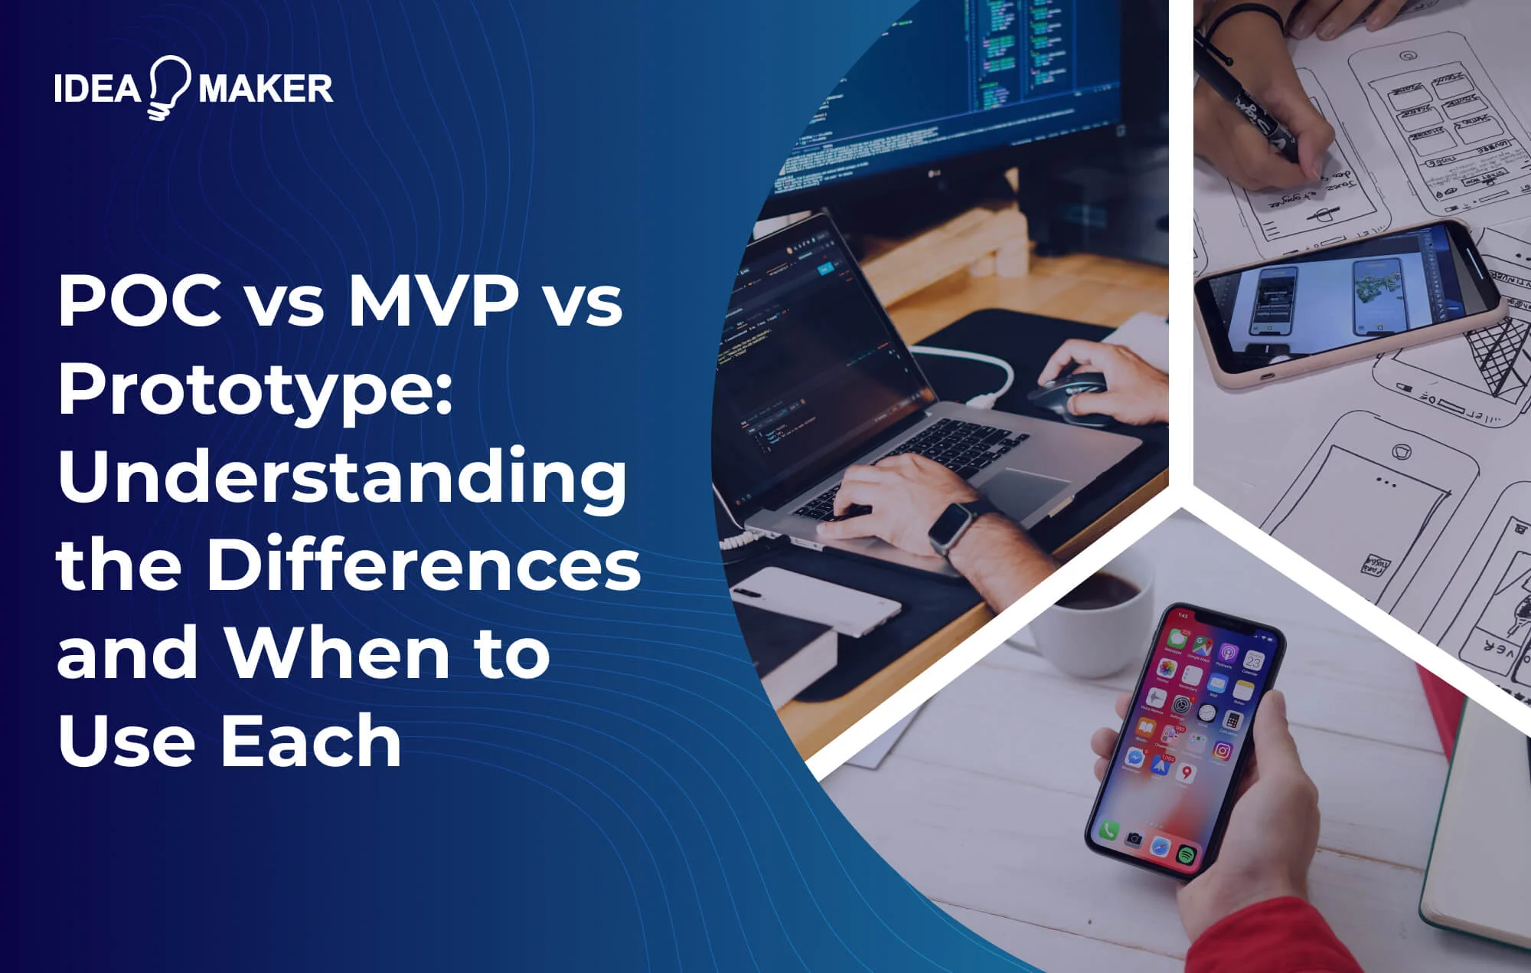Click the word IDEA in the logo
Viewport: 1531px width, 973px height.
[97, 89]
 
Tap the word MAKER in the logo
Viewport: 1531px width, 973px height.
[266, 89]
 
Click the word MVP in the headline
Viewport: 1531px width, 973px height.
[434, 300]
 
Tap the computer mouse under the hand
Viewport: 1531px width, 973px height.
[1068, 395]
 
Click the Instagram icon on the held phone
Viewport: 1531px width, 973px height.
[1223, 751]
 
